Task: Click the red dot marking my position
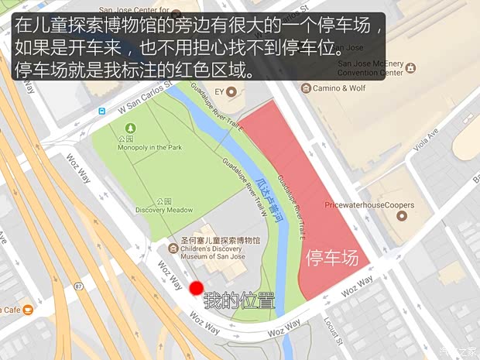196,288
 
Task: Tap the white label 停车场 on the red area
333,259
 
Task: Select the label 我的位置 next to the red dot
238,300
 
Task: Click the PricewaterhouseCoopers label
369,205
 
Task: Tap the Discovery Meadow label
163,210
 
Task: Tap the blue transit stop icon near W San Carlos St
101,111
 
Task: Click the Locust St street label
331,329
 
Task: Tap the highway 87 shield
80,287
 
